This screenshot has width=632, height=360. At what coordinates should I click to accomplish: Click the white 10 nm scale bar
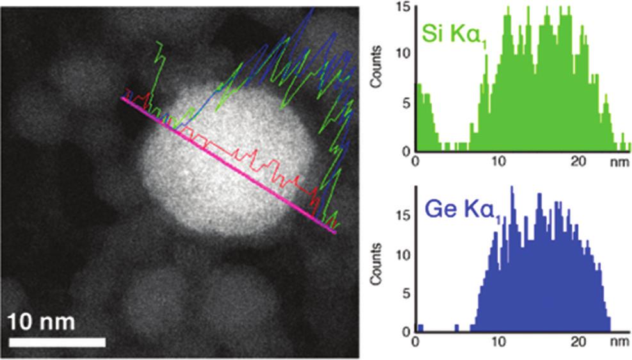pos(57,342)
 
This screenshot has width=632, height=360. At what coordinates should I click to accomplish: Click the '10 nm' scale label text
pos(42,321)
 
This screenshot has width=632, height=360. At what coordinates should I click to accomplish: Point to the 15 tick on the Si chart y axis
pos(403,8)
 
